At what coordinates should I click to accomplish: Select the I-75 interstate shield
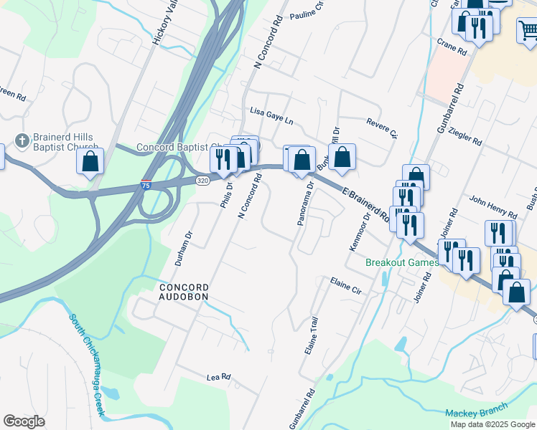click(146, 186)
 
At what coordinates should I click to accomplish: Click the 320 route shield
click(203, 181)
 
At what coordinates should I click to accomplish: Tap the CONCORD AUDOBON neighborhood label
click(183, 291)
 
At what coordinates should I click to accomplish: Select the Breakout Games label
click(401, 262)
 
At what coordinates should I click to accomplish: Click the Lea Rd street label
click(218, 376)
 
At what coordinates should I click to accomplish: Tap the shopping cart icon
click(528, 31)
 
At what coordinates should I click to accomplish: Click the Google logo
click(24, 421)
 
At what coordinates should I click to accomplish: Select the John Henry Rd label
click(493, 205)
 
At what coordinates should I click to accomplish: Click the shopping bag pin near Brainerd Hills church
click(90, 161)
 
